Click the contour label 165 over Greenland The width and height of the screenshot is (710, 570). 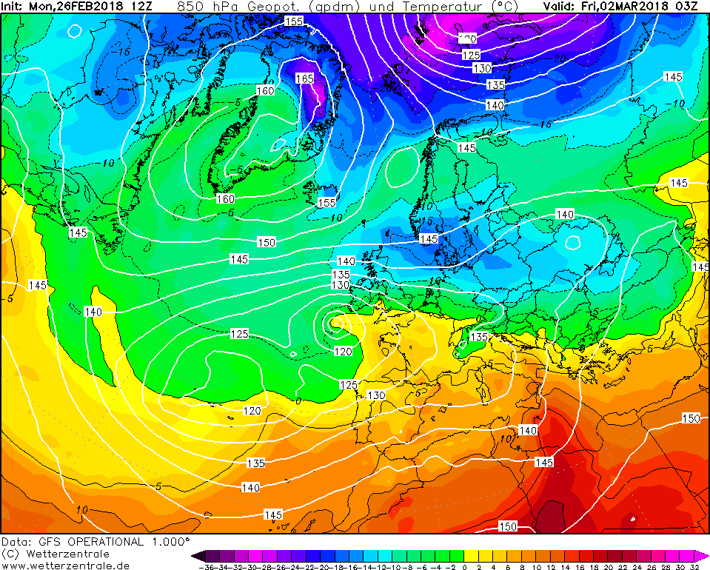(305, 78)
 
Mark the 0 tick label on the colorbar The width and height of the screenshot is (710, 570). (464, 566)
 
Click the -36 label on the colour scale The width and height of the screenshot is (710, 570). (209, 566)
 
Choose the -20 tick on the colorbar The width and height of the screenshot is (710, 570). (324, 566)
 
